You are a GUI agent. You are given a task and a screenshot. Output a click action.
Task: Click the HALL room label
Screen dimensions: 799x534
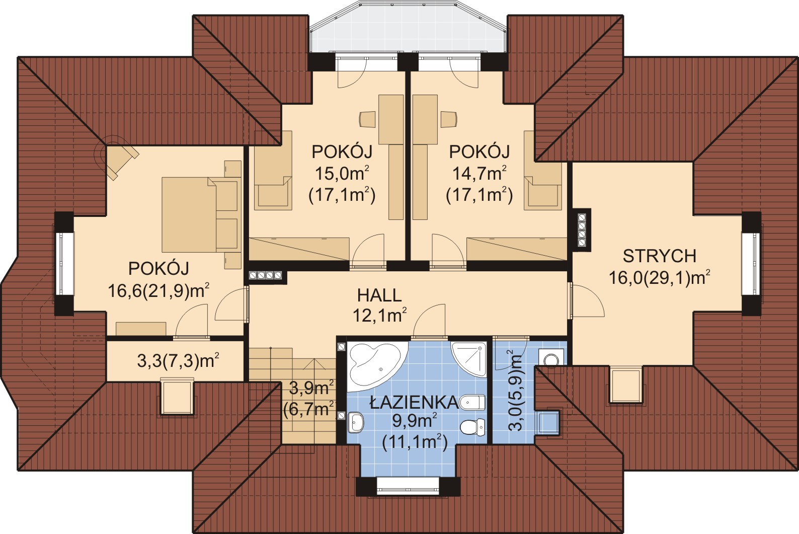coord(379,295)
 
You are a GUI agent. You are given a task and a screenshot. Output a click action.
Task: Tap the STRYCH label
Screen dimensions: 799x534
coord(660,256)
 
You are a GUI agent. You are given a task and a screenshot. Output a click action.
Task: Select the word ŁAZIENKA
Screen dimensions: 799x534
coord(414,402)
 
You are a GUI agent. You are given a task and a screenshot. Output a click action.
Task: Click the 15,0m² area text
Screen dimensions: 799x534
coord(342,174)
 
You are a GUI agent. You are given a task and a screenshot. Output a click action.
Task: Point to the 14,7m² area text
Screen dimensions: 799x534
coord(480,174)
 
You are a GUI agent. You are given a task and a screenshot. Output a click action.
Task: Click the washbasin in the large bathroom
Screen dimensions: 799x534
coord(355,423)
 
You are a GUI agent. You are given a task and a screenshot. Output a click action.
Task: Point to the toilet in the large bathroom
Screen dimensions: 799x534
coord(472,427)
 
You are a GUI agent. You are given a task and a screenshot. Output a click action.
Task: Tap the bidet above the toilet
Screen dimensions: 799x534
coord(472,403)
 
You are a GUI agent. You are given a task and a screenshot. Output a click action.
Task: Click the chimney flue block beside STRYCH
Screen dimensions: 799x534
coord(582,230)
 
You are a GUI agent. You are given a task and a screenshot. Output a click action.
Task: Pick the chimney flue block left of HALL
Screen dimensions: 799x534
coord(266,276)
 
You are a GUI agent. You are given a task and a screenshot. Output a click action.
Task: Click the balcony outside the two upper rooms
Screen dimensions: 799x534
coord(408,28)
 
